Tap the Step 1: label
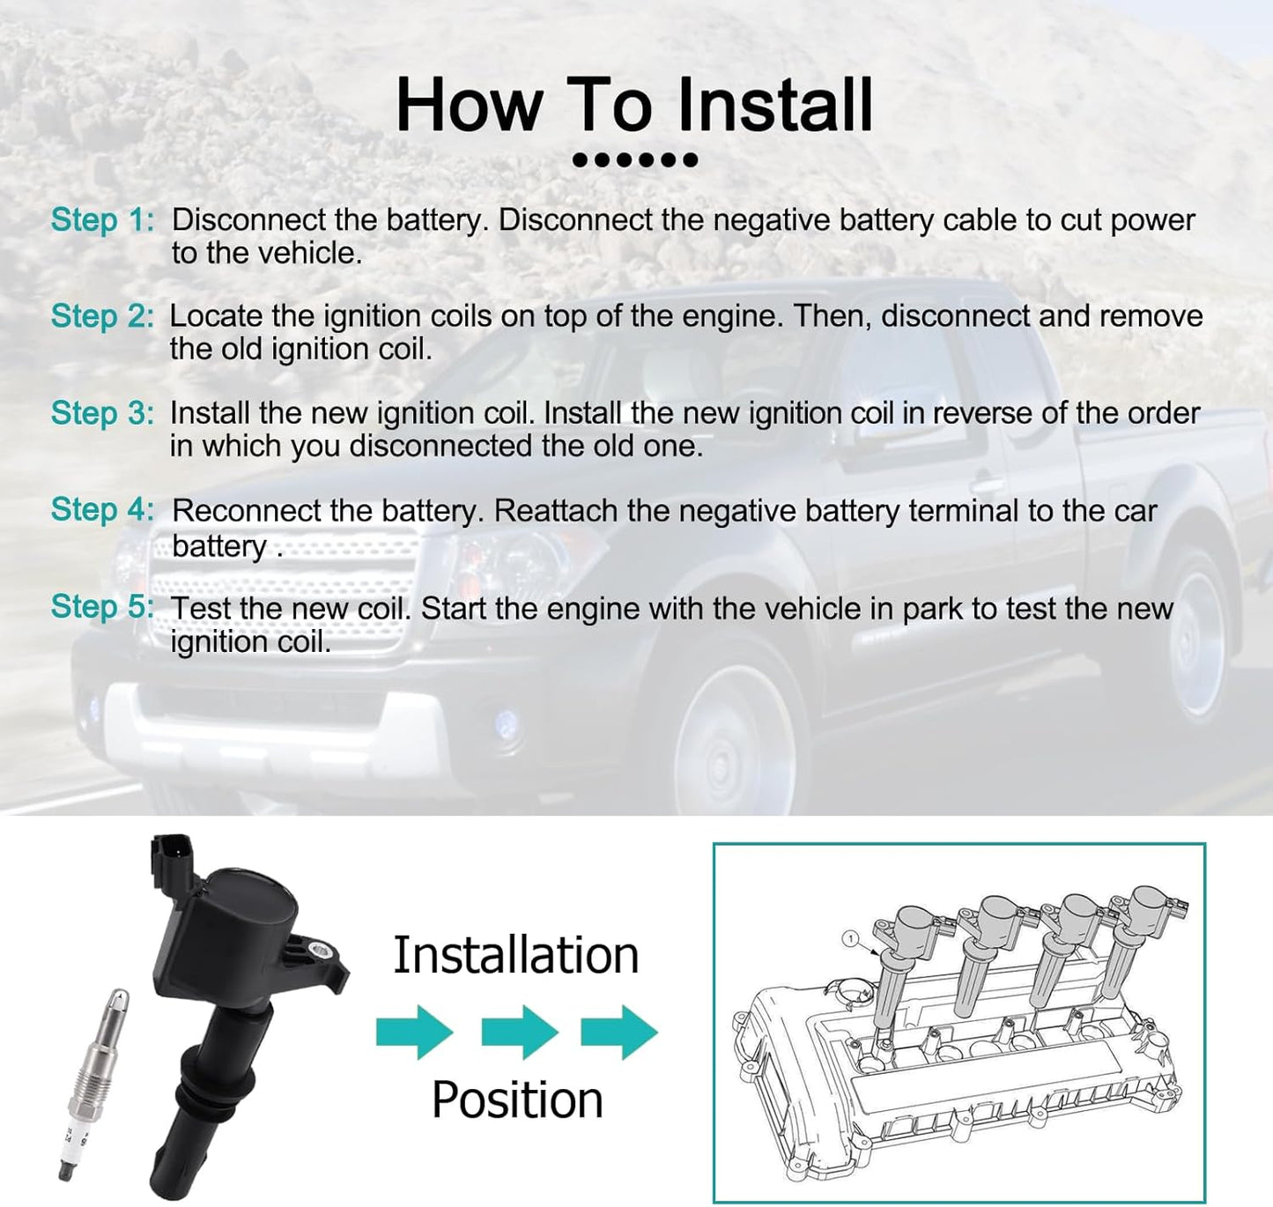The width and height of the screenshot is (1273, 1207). (103, 220)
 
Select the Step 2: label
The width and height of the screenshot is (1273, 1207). (103, 316)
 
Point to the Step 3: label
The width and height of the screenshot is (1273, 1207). (103, 413)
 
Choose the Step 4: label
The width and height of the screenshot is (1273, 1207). (103, 509)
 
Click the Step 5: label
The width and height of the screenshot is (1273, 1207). (103, 607)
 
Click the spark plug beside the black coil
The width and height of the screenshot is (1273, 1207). (93, 1084)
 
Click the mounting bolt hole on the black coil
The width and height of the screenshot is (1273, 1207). (319, 952)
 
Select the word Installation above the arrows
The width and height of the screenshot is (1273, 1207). (516, 955)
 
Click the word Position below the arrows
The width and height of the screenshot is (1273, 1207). (517, 1100)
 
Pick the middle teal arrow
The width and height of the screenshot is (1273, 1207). (520, 1033)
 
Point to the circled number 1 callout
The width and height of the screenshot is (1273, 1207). (850, 938)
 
